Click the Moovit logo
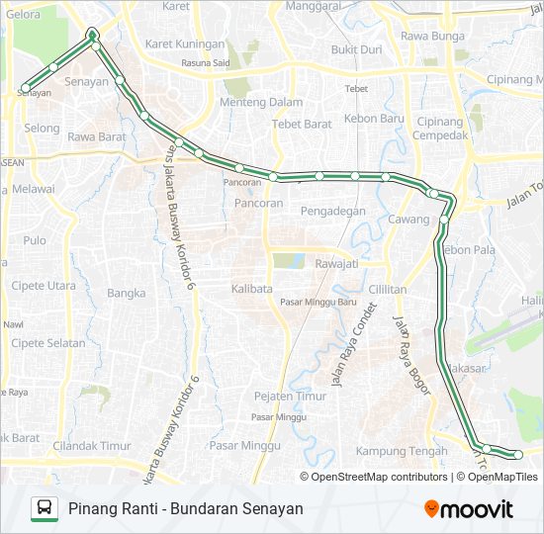tap(469, 509)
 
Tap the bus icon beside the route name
tap(45, 509)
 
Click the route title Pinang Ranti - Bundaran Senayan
tap(186, 509)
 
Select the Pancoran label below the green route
tap(259, 203)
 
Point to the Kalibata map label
tap(251, 288)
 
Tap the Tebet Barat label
tap(305, 124)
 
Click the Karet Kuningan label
tap(185, 44)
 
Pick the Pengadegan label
tap(333, 211)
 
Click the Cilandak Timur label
tap(93, 445)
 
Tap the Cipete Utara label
tap(43, 286)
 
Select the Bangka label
tap(126, 293)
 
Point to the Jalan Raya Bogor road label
tap(412, 355)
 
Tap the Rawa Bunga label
tap(432, 37)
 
